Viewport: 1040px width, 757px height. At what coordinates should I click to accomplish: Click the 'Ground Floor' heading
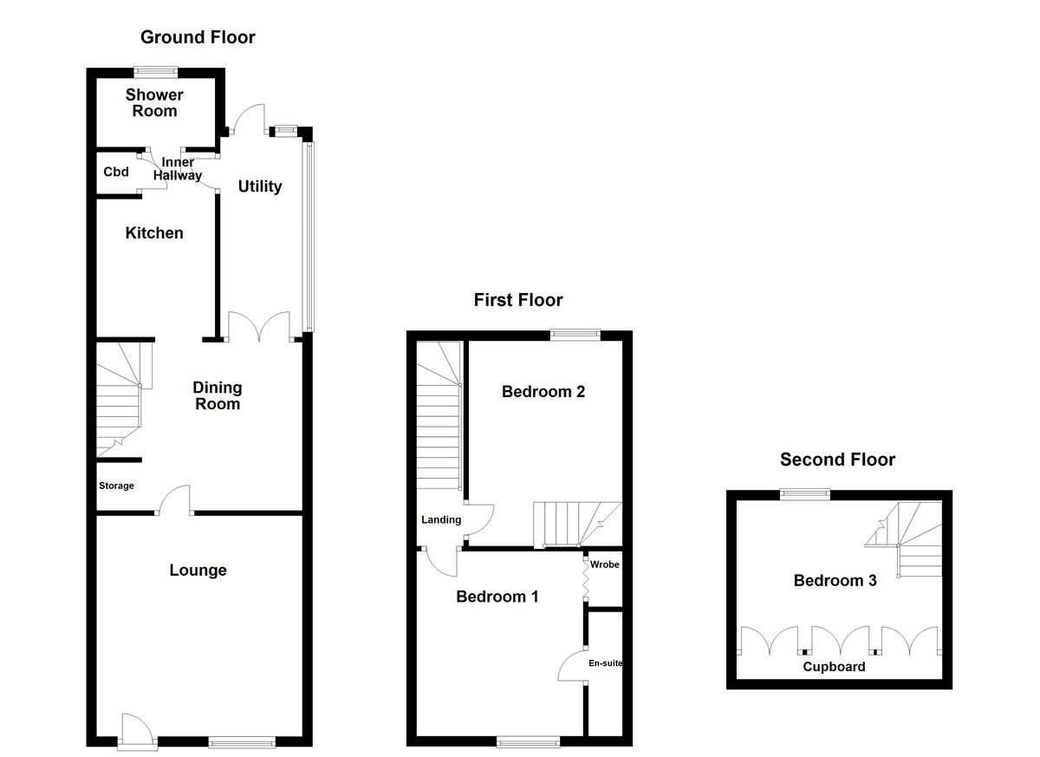click(198, 37)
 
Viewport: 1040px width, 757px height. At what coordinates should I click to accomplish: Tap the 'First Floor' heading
click(517, 300)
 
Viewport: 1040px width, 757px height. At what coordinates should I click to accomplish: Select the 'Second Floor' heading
click(837, 460)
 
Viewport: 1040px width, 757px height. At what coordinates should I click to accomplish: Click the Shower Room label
click(154, 102)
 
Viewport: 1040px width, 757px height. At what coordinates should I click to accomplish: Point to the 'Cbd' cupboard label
click(116, 172)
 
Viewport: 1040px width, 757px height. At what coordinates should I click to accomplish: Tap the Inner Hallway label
click(178, 169)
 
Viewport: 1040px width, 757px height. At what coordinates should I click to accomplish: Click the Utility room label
click(260, 186)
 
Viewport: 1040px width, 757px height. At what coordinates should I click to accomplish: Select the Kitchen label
click(154, 232)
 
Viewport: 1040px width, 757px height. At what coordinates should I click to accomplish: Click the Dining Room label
click(217, 395)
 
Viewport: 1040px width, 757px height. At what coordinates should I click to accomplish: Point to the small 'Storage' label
click(116, 486)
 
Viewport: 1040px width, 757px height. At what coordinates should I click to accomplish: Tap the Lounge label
click(198, 570)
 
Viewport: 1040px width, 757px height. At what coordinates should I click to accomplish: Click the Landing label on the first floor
click(441, 519)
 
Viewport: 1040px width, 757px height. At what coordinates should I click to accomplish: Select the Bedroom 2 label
click(543, 391)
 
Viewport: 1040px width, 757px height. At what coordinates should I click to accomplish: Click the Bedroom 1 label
click(497, 597)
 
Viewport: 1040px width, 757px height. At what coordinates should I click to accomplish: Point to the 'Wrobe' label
click(604, 564)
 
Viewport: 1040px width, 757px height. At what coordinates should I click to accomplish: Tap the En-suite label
click(605, 663)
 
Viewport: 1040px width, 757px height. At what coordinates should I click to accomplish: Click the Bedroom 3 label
click(835, 580)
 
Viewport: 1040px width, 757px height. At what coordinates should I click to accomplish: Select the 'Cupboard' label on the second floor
click(834, 667)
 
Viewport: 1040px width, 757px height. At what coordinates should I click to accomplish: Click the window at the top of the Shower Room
click(156, 72)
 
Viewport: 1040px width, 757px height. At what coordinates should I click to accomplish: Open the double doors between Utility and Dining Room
click(257, 327)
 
